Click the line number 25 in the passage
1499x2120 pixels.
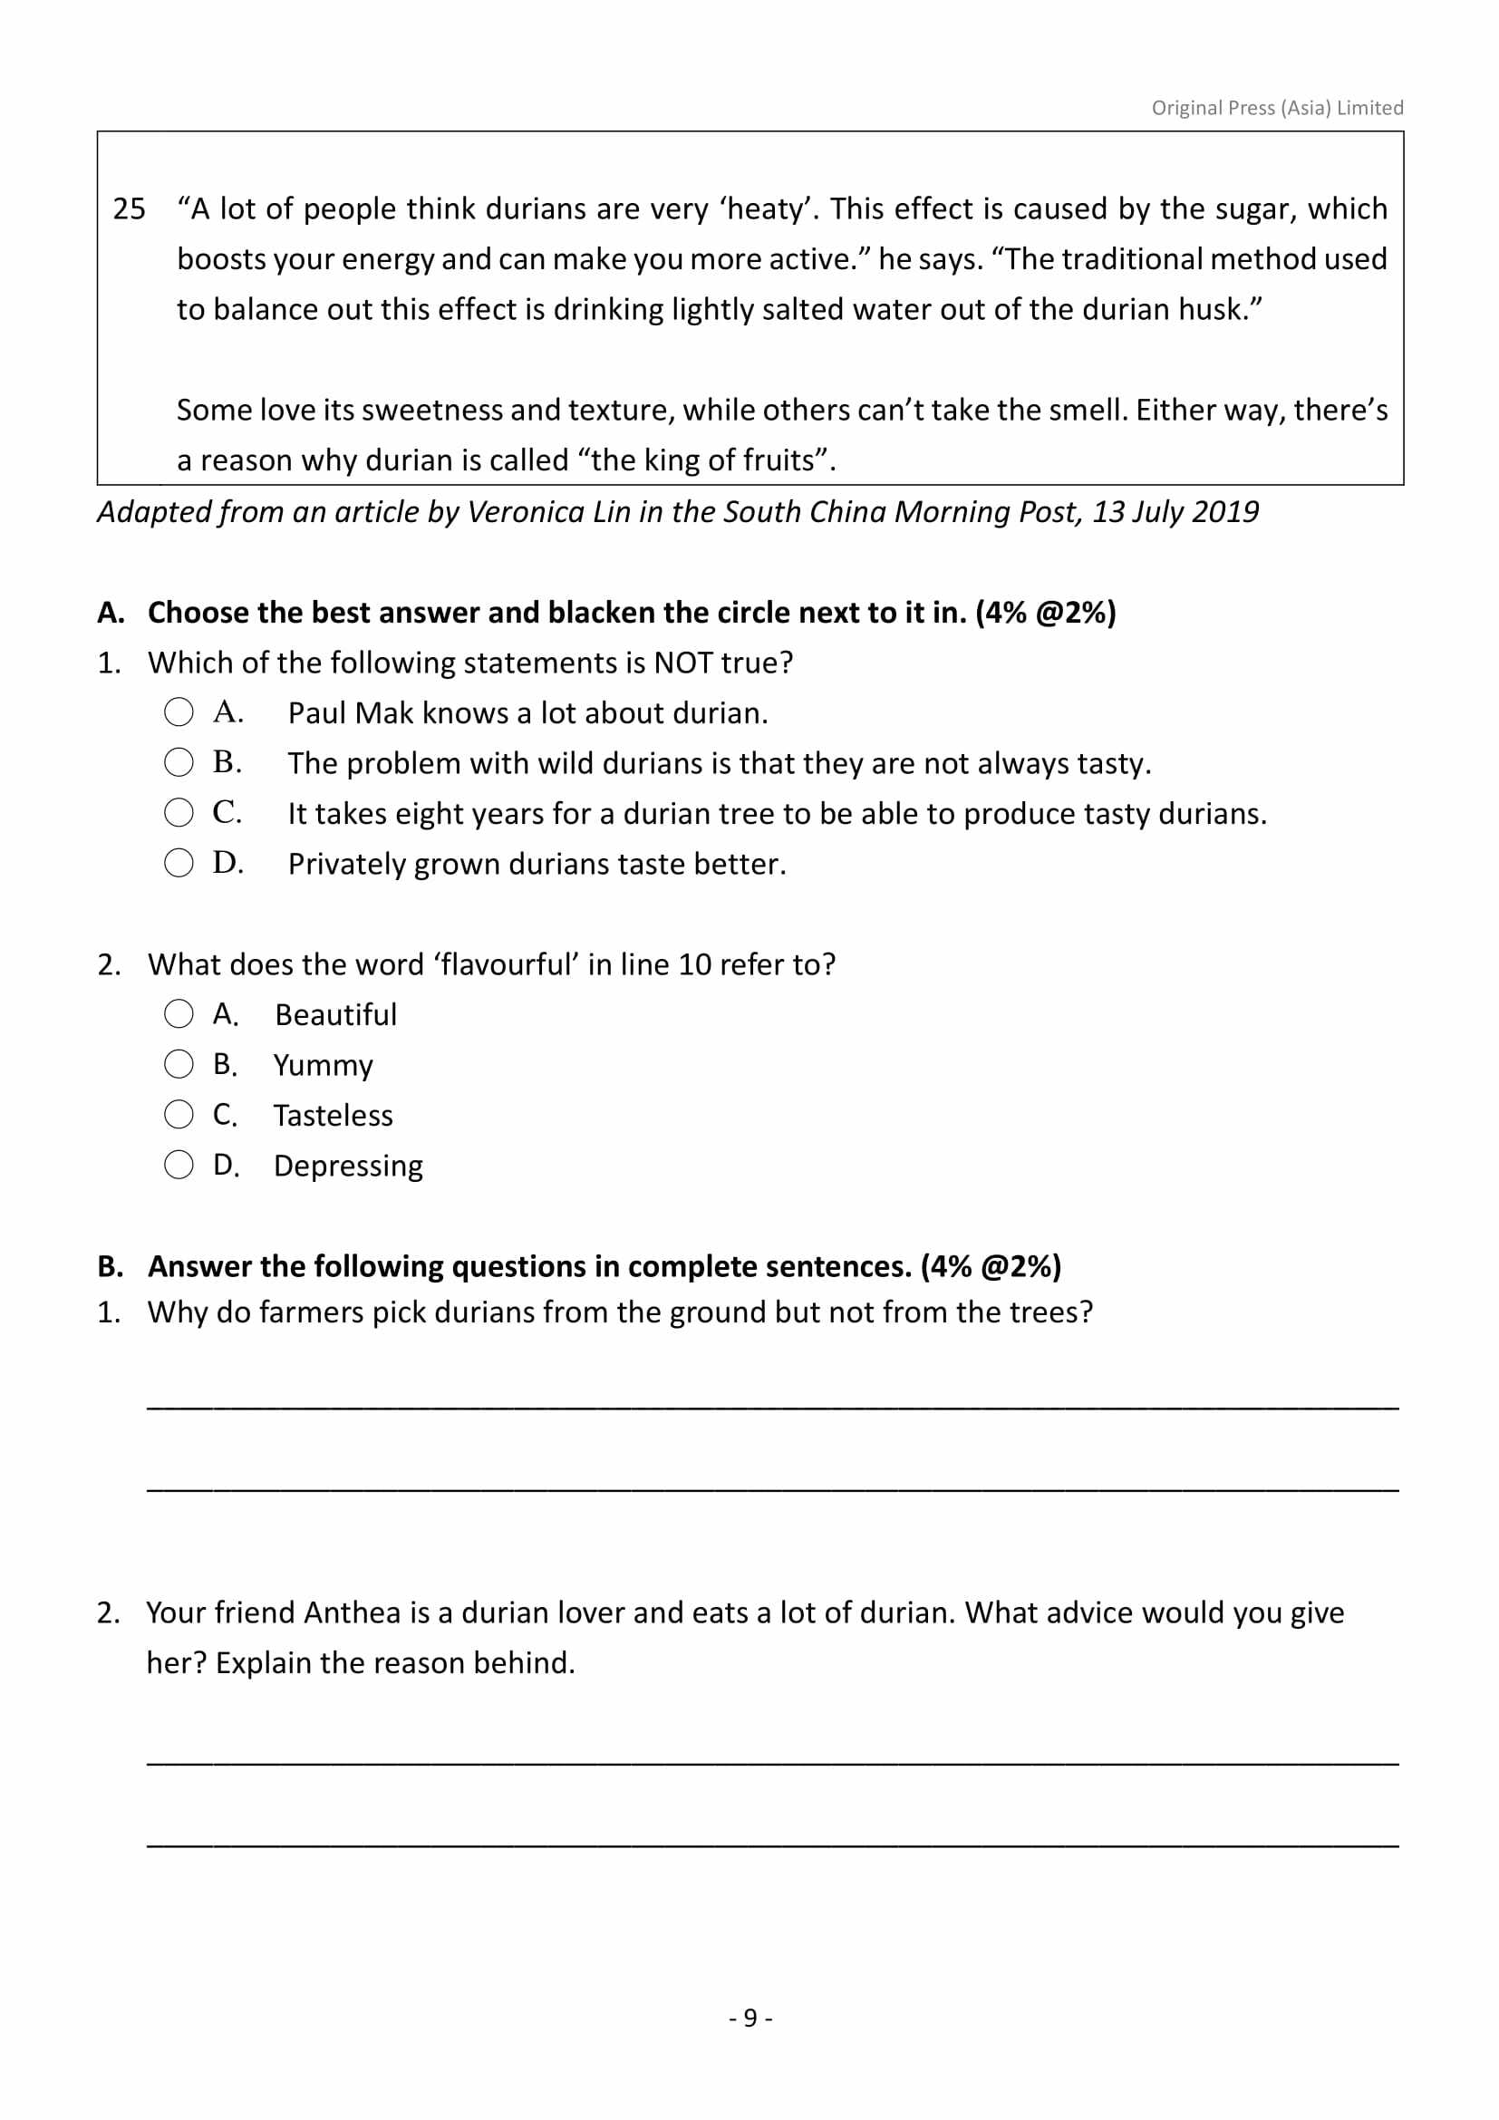pos(130,209)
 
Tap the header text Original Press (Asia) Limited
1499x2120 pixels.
pos(1277,108)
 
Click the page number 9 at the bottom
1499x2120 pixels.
pos(749,2018)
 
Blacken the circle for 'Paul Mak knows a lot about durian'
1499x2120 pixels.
pos(179,712)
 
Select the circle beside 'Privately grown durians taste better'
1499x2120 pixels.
pos(179,864)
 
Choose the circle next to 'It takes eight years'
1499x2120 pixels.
pos(179,812)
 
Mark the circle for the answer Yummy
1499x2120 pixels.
pos(179,1065)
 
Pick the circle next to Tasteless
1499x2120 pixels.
pos(179,1115)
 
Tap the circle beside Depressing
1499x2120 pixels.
pos(179,1166)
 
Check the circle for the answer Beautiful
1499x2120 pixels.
pos(179,1014)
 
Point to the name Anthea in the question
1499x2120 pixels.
pos(353,1613)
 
